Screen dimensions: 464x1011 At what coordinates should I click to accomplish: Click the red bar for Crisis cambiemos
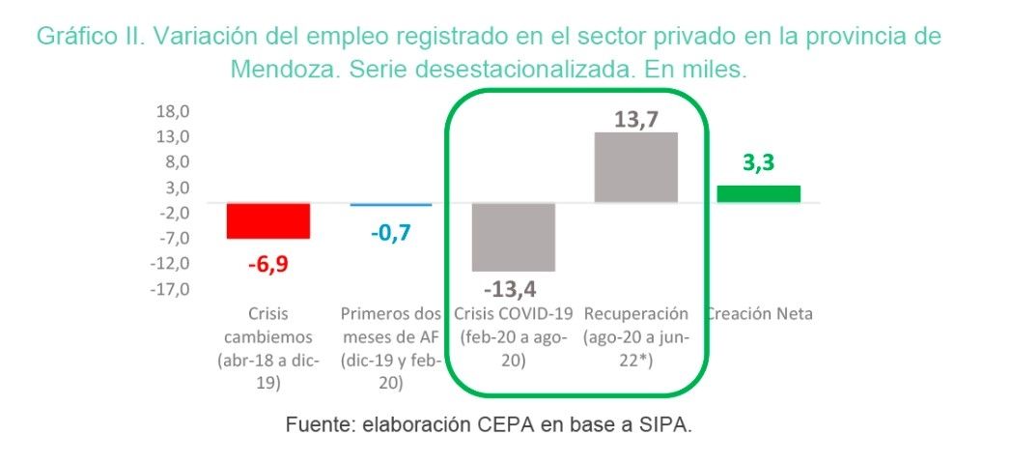tap(255, 220)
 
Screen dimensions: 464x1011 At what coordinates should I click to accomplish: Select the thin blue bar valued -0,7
tap(391, 205)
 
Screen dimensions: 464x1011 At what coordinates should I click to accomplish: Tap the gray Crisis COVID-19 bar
tap(513, 237)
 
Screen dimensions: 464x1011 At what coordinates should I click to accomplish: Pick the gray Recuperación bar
tap(635, 167)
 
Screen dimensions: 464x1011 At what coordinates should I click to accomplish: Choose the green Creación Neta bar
tap(758, 193)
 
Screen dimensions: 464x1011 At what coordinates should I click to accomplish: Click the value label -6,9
tap(255, 263)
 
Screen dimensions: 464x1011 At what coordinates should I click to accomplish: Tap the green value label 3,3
tap(758, 163)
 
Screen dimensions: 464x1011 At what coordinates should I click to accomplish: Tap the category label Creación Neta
tap(758, 313)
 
